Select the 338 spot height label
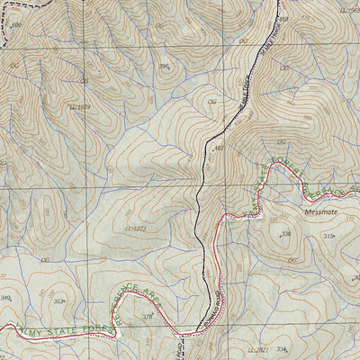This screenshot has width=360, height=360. (x=285, y=234)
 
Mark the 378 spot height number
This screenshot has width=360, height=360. (x=148, y=316)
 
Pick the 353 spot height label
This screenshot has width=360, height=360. (x=59, y=301)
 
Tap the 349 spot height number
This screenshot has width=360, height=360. (x=6, y=298)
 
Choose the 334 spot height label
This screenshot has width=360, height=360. (x=282, y=349)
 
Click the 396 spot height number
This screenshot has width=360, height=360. (x=165, y=66)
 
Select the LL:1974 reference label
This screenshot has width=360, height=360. (x=81, y=106)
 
